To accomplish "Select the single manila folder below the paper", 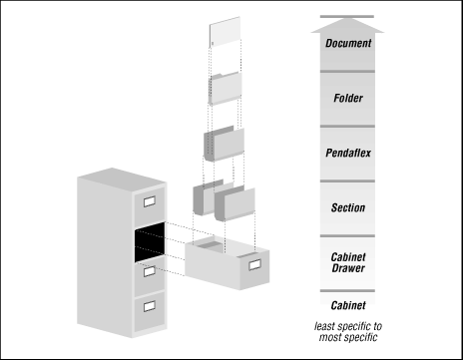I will (x=226, y=90).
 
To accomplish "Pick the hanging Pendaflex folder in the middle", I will (x=224, y=145).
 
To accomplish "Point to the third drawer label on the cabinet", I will (x=149, y=270).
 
